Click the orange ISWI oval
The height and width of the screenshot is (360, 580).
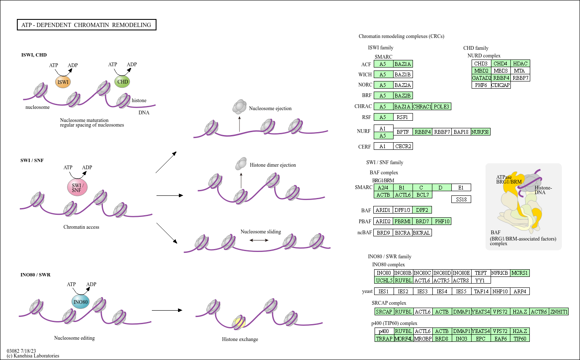[63, 82]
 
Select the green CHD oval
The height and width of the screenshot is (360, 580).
[122, 81]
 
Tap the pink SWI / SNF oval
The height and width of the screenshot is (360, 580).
[77, 187]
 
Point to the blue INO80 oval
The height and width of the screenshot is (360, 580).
[81, 302]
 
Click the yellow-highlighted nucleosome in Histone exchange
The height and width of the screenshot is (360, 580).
[239, 323]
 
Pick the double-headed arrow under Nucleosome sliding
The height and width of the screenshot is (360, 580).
[259, 240]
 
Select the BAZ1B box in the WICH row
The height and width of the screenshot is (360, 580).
[403, 75]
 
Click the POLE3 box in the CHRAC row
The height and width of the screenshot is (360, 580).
[442, 106]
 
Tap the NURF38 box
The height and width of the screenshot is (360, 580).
[480, 132]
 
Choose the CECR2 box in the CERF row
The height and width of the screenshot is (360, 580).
[403, 146]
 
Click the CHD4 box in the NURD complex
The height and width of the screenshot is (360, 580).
[501, 63]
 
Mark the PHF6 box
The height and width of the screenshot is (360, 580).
[481, 85]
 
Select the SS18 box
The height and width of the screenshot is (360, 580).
[461, 199]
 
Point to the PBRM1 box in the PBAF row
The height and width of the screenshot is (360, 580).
[403, 221]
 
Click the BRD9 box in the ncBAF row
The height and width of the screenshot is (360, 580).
[383, 233]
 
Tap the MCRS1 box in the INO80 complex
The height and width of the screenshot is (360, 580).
[520, 273]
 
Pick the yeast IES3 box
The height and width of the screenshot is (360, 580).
[423, 291]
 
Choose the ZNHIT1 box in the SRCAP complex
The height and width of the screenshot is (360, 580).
[559, 311]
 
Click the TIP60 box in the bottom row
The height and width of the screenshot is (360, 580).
[520, 338]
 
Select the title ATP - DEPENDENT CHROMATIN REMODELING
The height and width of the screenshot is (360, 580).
[86, 25]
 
